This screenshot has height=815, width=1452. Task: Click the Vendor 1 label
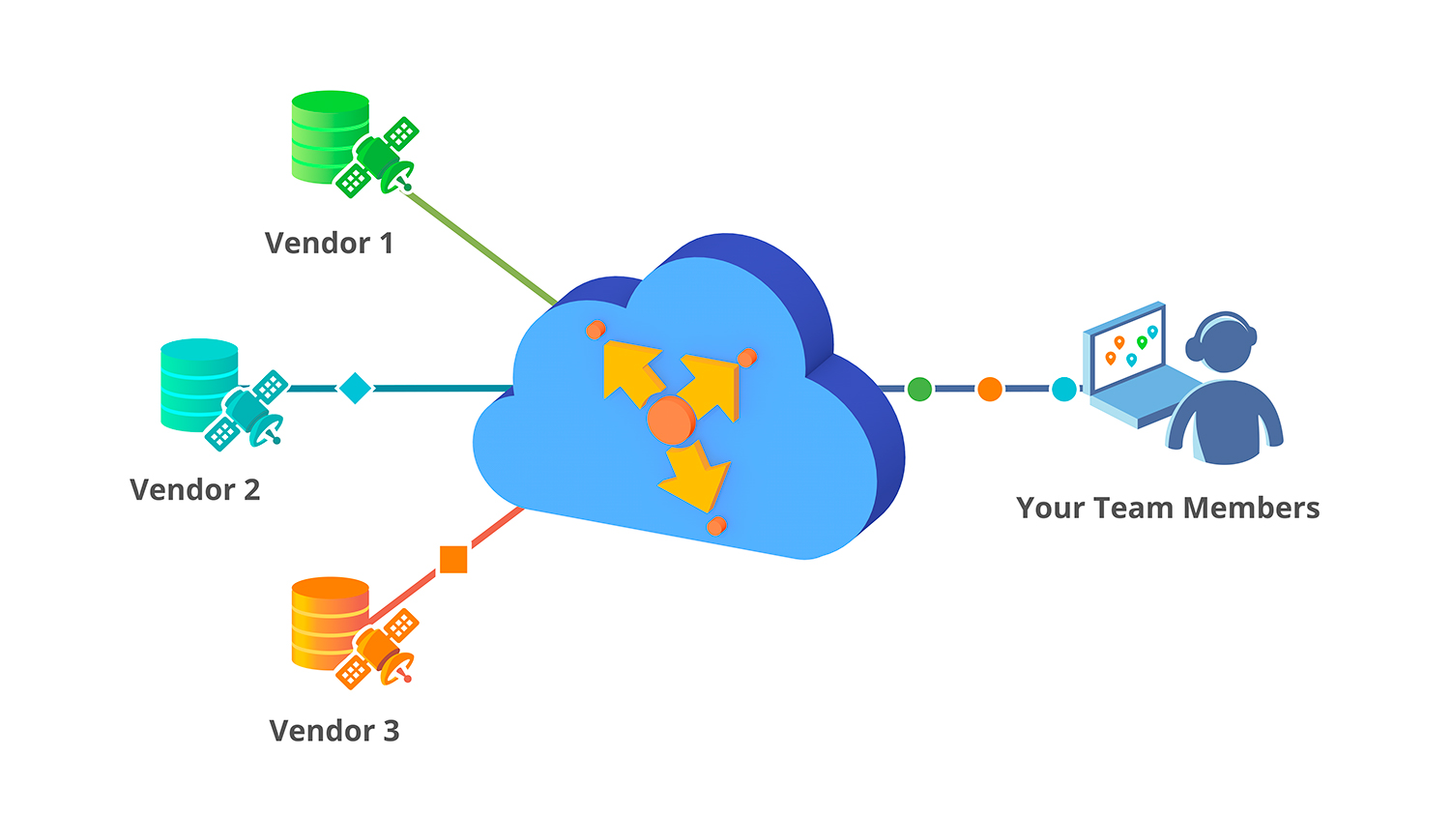click(x=329, y=243)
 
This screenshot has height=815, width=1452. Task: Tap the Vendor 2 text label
click(x=195, y=489)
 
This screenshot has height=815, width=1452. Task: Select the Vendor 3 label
click(x=334, y=730)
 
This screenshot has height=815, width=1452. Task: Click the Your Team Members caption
click(x=1168, y=508)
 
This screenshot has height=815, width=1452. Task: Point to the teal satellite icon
click(x=248, y=411)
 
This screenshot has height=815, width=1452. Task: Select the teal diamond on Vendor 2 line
click(x=355, y=389)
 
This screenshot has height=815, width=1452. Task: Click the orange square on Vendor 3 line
click(x=453, y=559)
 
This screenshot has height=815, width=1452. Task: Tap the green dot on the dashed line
click(x=919, y=390)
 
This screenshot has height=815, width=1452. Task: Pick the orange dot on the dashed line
click(x=989, y=390)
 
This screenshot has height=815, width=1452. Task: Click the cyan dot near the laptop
click(x=1063, y=390)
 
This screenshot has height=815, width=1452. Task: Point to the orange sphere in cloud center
click(x=670, y=421)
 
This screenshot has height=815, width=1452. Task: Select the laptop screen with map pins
click(x=1127, y=349)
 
